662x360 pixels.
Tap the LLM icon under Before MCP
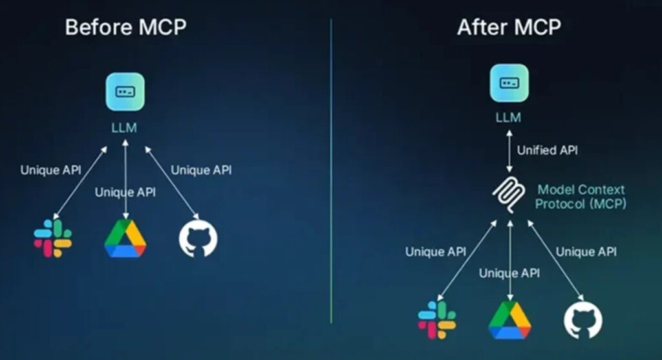[x=125, y=91]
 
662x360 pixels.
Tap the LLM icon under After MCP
[x=508, y=82]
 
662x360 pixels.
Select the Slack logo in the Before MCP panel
[x=53, y=238]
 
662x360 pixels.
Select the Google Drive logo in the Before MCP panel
[x=125, y=238]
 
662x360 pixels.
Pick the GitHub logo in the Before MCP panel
[x=198, y=238]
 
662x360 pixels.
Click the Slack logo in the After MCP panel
[x=437, y=319]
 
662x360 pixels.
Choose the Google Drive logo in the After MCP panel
[x=509, y=319]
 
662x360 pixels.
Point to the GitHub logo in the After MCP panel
[x=582, y=319]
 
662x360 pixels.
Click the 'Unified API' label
[x=547, y=151]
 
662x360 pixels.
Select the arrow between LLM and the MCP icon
[x=509, y=151]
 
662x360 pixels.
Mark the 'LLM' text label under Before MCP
[x=124, y=127]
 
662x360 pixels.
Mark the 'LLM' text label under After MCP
[x=508, y=118]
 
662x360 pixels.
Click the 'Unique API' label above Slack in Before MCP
[x=50, y=171]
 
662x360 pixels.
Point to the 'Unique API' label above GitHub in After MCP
[x=586, y=251]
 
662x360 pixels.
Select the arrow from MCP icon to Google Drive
[x=510, y=259]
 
